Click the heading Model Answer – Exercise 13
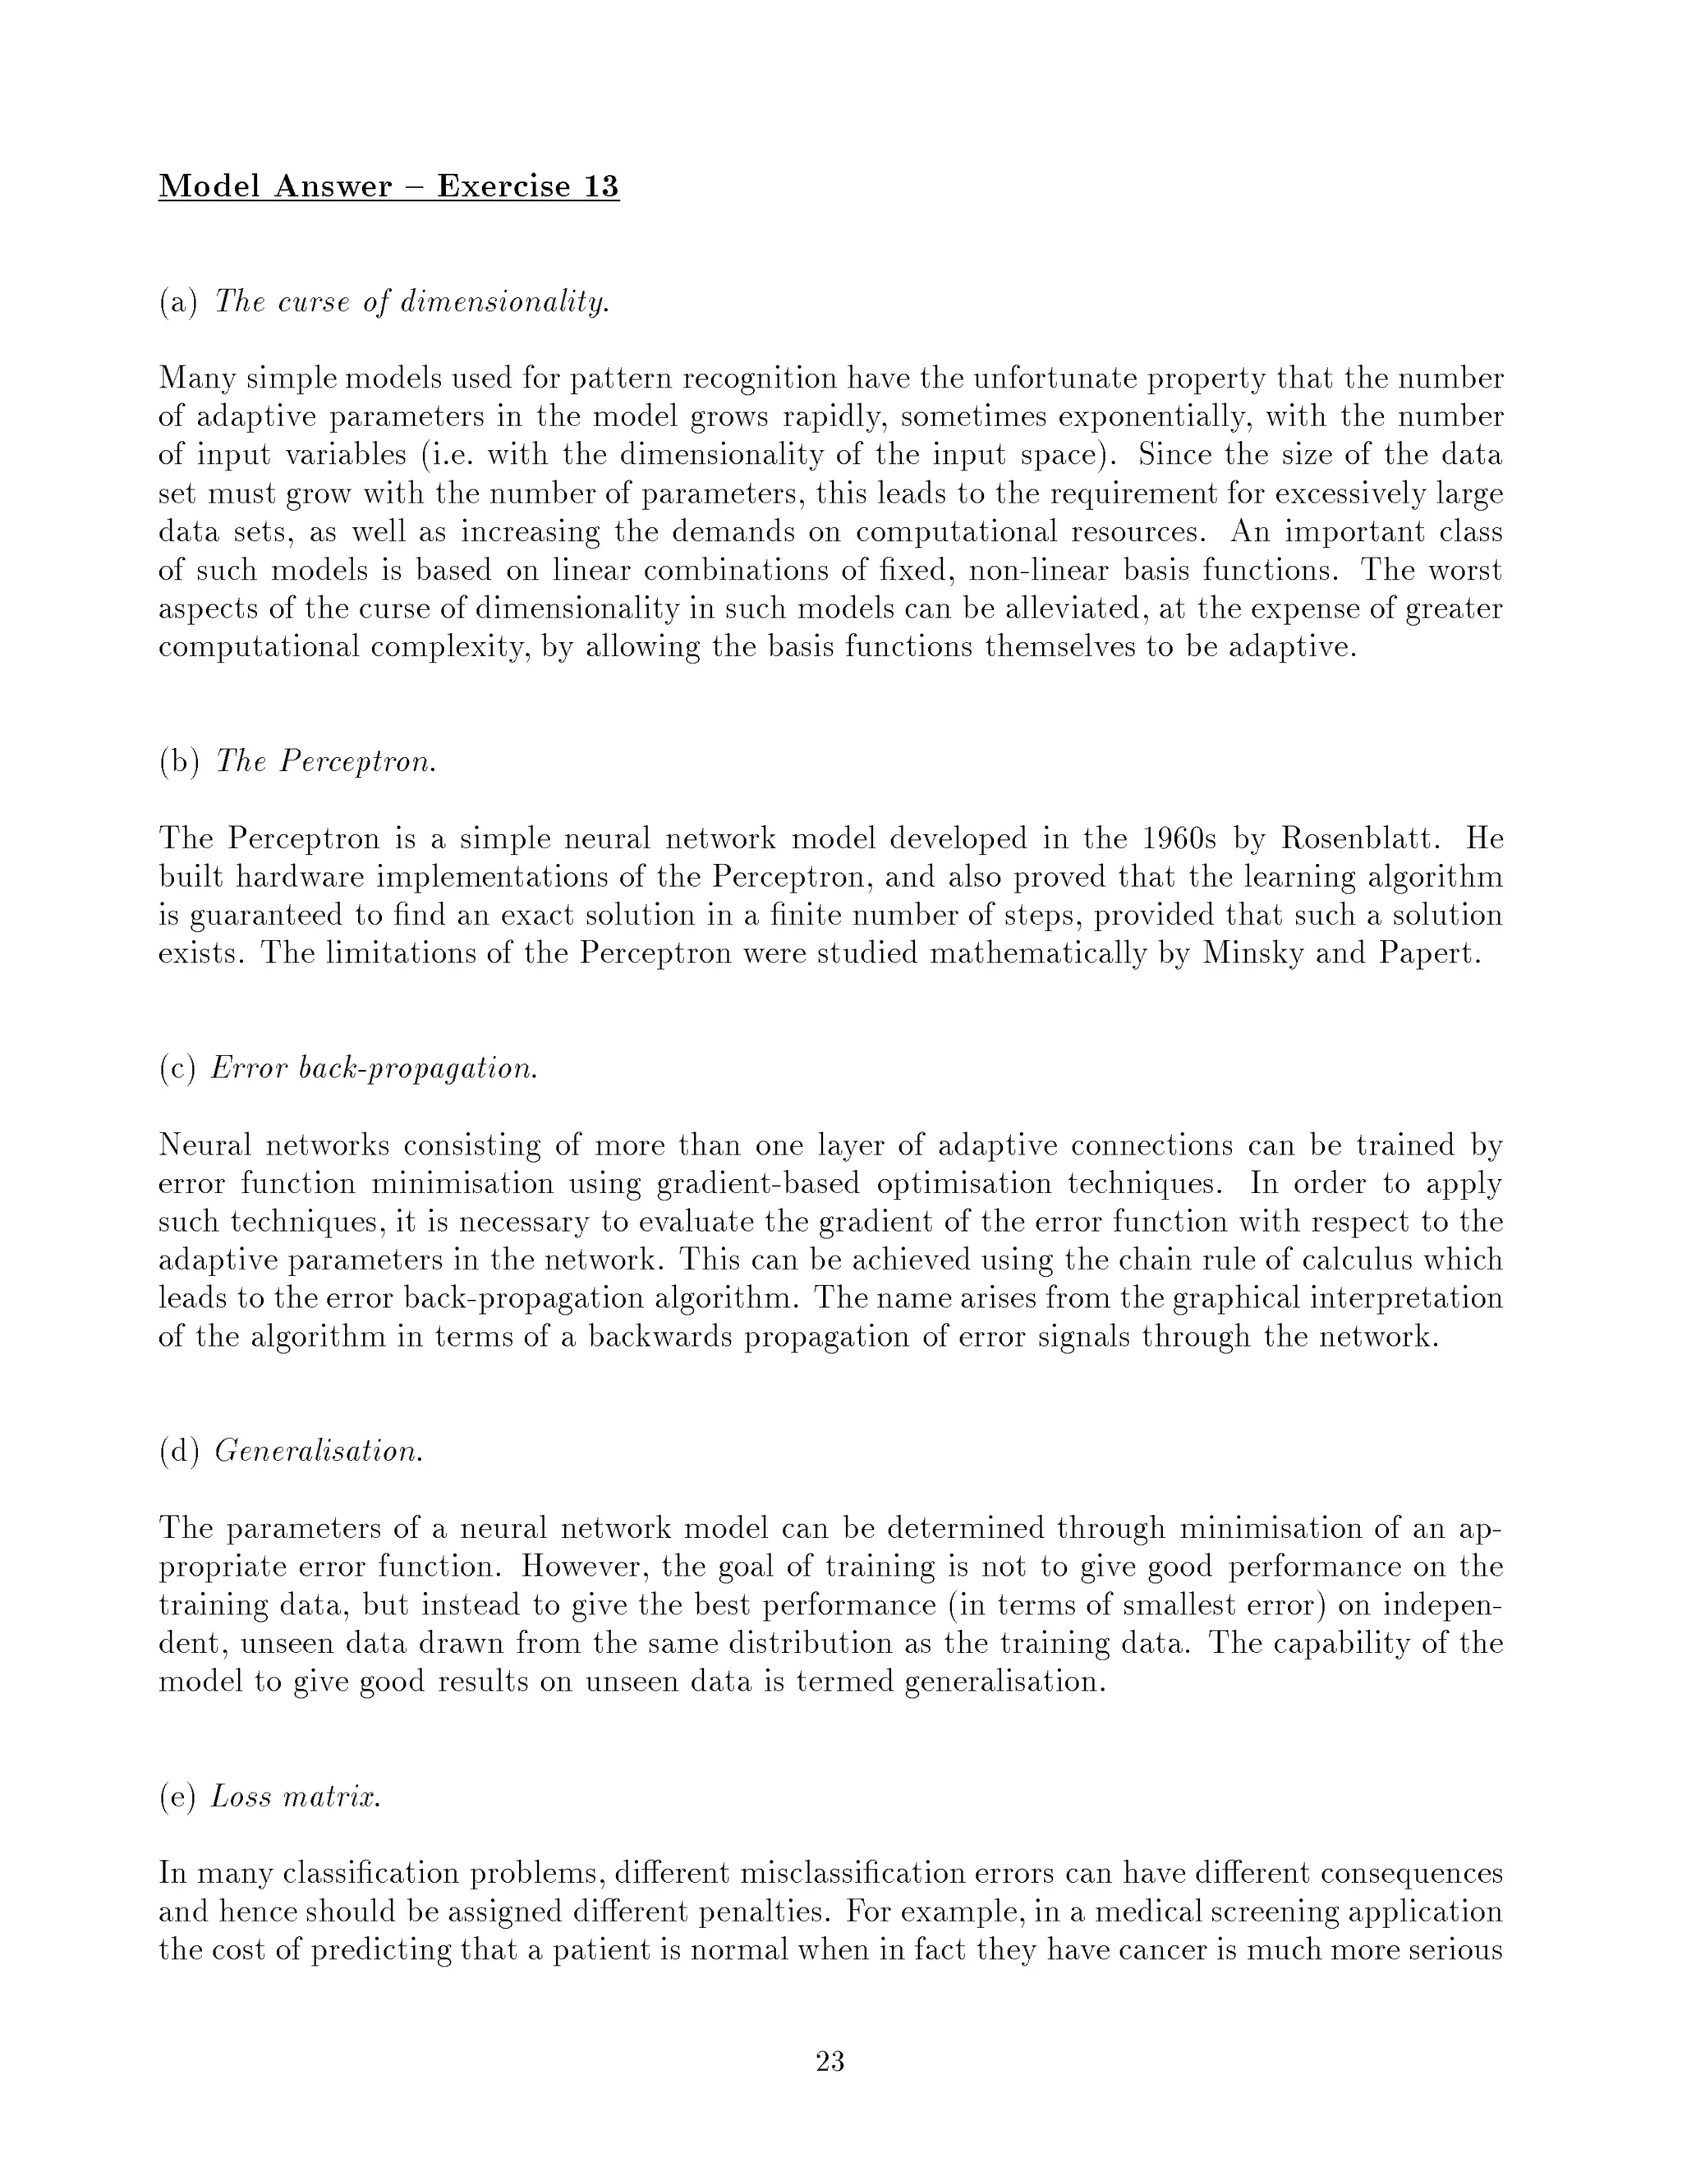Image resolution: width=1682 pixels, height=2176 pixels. (x=388, y=186)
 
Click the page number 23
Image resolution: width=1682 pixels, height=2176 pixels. (x=830, y=2061)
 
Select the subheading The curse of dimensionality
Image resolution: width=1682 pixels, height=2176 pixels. (x=411, y=302)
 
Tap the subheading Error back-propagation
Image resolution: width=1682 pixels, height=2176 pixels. (x=375, y=1068)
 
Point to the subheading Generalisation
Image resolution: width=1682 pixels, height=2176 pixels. (x=319, y=1452)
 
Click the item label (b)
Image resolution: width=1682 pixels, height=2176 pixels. (x=179, y=762)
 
